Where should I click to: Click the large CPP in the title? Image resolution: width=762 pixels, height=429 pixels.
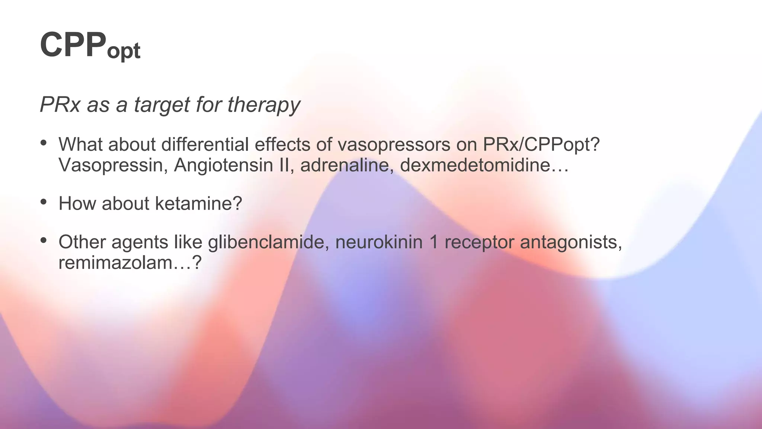(73, 45)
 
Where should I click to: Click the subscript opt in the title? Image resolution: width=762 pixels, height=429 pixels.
(124, 51)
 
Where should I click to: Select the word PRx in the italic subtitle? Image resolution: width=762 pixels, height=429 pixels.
(60, 104)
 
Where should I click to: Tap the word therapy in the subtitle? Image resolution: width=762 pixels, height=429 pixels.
(263, 105)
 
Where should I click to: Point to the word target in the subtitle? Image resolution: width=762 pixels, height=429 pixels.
(162, 105)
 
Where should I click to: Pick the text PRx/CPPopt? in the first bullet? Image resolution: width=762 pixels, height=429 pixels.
(541, 144)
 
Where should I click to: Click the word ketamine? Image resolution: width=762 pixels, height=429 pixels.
(198, 204)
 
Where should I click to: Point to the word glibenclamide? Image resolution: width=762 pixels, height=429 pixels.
(268, 242)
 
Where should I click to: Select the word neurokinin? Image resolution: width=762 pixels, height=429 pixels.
(379, 242)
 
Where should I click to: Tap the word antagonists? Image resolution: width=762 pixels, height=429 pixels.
(571, 242)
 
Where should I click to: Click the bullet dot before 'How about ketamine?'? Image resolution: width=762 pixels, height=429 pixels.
(44, 202)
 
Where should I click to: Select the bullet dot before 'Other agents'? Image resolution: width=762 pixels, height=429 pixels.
(44, 240)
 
